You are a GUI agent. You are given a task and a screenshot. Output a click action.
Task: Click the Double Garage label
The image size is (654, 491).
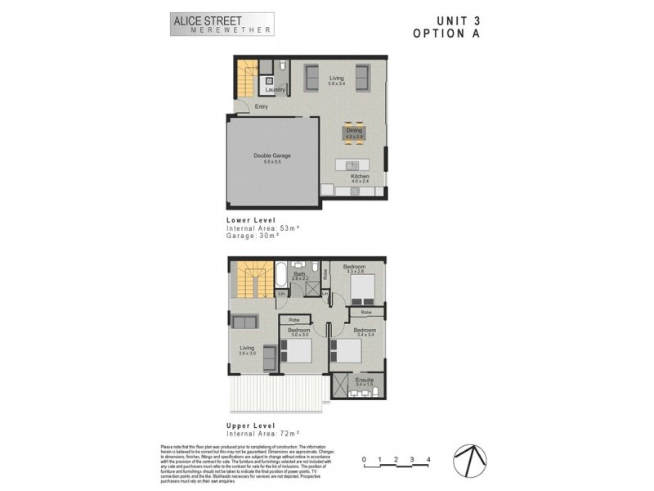[x=272, y=155]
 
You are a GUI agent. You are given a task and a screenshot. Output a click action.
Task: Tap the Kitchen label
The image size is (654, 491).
[x=361, y=177]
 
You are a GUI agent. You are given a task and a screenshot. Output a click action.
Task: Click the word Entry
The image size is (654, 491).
[x=262, y=107]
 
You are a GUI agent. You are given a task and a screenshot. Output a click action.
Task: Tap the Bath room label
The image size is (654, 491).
[x=299, y=274]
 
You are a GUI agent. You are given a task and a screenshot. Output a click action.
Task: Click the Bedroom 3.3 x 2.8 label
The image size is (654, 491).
[x=354, y=268]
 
